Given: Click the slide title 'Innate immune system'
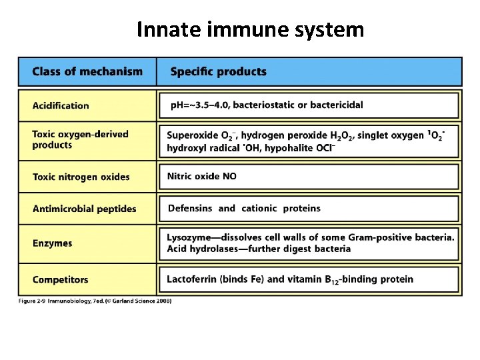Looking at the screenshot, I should [x=250, y=30].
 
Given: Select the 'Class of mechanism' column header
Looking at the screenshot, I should [x=87, y=71].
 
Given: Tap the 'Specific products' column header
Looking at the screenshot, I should [x=218, y=71].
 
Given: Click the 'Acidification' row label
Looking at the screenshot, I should [x=61, y=105].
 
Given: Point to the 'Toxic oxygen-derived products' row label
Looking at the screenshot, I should [x=80, y=139].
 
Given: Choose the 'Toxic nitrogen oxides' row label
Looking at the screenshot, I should [x=81, y=177].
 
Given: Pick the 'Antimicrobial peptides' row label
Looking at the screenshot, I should [x=84, y=209].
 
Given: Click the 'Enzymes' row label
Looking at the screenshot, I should [x=52, y=243].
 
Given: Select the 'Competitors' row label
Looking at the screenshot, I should [x=60, y=279].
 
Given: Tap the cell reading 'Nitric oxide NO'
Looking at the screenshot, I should [x=201, y=177].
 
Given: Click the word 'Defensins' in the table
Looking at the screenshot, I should [x=190, y=209].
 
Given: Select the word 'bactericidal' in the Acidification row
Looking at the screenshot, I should [x=336, y=105].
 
